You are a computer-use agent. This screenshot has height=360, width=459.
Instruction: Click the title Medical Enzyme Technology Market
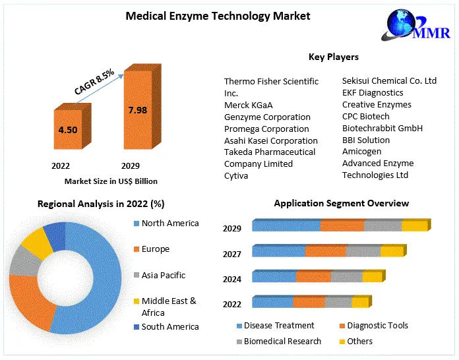(x=218, y=15)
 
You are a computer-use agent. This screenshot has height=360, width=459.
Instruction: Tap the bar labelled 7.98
(x=138, y=111)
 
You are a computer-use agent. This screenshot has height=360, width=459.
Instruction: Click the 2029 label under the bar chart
(x=130, y=165)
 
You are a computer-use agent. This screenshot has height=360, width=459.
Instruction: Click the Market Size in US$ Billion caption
(x=111, y=181)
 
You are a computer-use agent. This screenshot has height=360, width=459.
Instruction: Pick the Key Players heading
(x=333, y=57)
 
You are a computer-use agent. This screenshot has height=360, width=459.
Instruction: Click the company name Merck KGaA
(x=248, y=105)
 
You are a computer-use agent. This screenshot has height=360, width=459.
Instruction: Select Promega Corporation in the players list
(x=266, y=129)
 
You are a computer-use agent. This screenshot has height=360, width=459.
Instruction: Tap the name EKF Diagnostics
(x=373, y=93)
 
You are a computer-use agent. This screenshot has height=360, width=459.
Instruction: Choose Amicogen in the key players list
(x=361, y=152)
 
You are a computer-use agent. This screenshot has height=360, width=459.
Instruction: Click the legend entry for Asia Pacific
(x=163, y=275)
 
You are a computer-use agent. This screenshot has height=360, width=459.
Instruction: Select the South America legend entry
(x=169, y=326)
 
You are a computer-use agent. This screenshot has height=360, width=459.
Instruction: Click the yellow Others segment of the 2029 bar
(x=415, y=226)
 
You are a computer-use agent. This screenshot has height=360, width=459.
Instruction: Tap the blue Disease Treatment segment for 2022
(x=272, y=303)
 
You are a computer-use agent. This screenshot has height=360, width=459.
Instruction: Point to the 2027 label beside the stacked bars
(x=232, y=254)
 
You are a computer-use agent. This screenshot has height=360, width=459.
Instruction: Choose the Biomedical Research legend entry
(x=282, y=341)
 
